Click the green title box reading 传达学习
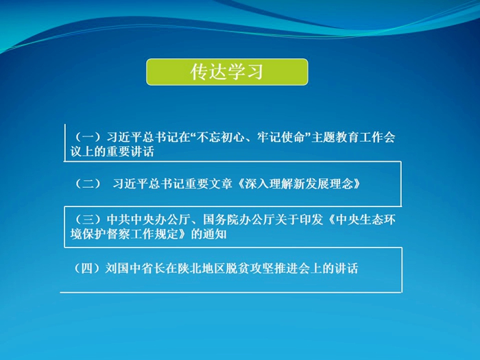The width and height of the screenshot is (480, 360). [x=227, y=72]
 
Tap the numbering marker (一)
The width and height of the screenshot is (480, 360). [x=88, y=137]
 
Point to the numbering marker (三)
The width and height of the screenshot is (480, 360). [x=88, y=219]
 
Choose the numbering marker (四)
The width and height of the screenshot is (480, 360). [x=87, y=269]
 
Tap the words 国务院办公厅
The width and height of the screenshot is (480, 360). [x=232, y=219]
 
